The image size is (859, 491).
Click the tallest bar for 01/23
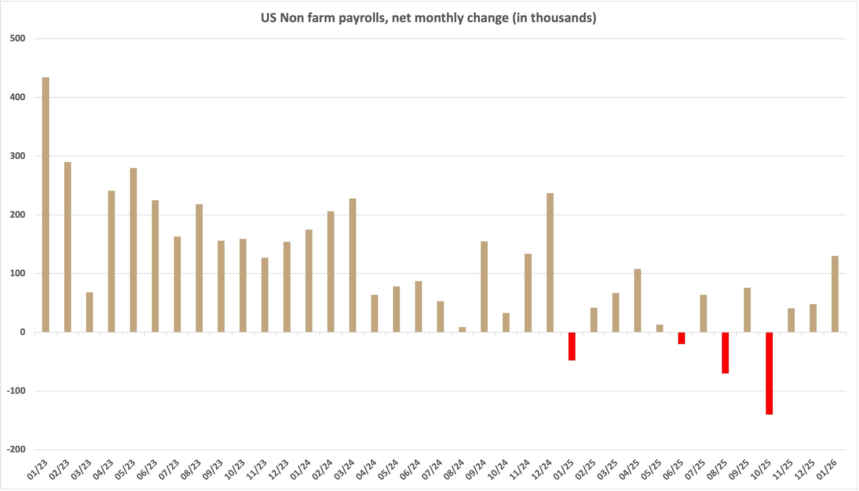click(x=46, y=205)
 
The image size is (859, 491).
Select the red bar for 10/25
click(x=769, y=373)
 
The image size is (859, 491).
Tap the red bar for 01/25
click(x=572, y=346)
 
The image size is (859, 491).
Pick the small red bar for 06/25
click(x=681, y=338)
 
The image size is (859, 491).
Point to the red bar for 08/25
click(x=725, y=353)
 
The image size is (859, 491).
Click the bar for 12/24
click(x=550, y=263)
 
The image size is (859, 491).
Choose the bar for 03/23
click(x=89, y=312)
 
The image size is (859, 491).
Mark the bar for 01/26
click(x=835, y=294)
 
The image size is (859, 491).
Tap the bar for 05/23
click(x=133, y=250)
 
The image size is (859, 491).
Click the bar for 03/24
click(x=352, y=265)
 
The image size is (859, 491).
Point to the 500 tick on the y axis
click(x=17, y=38)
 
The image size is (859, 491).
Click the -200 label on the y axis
click(x=16, y=449)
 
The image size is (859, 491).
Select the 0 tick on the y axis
click(x=22, y=332)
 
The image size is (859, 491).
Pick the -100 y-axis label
click(x=16, y=391)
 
